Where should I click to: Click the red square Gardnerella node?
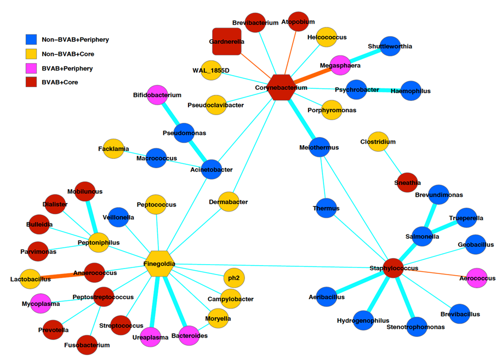(226, 42)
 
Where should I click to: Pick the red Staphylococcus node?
(393, 268)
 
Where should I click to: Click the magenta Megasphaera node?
(341, 65)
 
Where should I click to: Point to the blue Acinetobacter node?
(211, 169)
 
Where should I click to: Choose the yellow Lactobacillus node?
(30, 279)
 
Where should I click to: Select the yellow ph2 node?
(234, 278)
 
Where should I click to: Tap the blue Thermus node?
(326, 208)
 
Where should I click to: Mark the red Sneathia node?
(407, 182)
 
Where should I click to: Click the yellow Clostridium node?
(378, 141)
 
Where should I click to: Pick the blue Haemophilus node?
(410, 90)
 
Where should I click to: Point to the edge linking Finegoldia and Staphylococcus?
(274, 266)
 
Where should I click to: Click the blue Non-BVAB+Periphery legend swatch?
(31, 39)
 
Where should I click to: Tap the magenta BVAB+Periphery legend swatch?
(31, 68)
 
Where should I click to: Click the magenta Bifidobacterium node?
(157, 95)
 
